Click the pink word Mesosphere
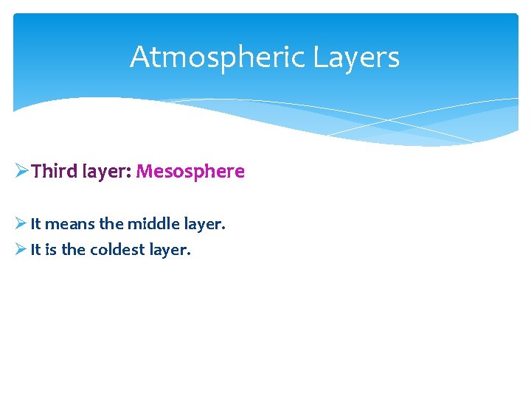point(190,172)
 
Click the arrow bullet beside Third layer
point(21,172)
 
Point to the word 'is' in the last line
point(51,250)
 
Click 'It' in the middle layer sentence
point(35,223)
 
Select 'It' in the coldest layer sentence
point(35,250)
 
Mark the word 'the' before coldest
point(73,250)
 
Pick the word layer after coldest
point(169,251)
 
